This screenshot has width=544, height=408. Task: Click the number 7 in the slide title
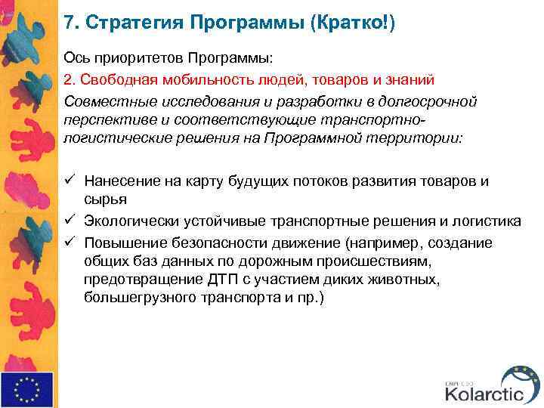(x=69, y=23)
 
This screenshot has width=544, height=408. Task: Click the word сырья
(x=105, y=199)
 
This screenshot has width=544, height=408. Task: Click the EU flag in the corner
(x=26, y=389)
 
